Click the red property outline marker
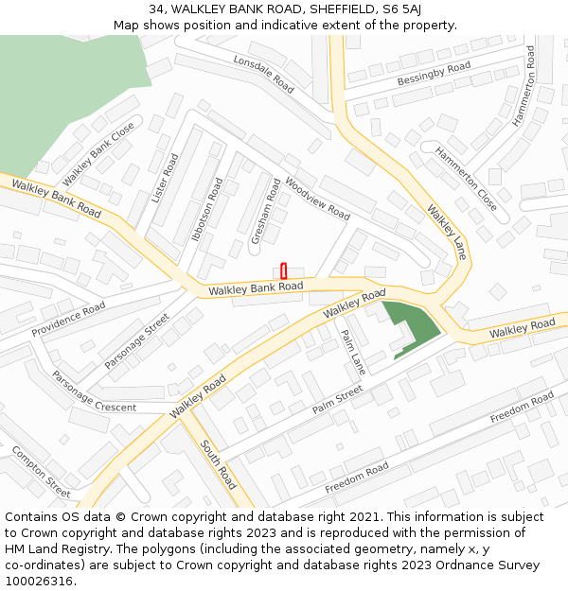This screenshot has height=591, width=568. (x=283, y=270)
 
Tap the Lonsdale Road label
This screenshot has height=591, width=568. (x=264, y=71)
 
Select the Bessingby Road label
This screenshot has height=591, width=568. (x=434, y=73)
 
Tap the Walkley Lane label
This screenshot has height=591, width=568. (x=447, y=233)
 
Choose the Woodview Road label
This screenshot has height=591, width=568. (x=317, y=196)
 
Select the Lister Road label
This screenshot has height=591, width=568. (x=165, y=178)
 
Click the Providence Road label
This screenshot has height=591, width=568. (x=68, y=321)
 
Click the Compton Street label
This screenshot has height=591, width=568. (x=41, y=472)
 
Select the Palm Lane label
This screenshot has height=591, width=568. (x=352, y=351)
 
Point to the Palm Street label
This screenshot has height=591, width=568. (x=338, y=399)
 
